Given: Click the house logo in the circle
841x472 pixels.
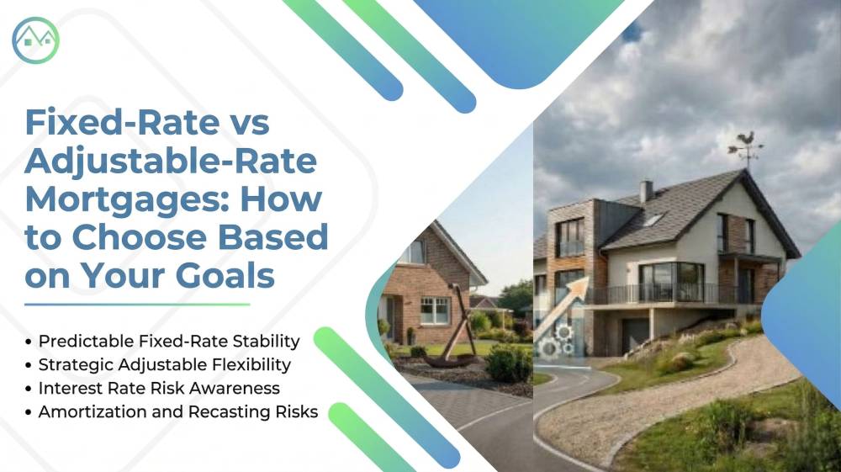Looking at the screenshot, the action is pyautogui.click(x=35, y=40).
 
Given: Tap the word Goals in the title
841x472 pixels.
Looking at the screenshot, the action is pyautogui.click(x=225, y=276).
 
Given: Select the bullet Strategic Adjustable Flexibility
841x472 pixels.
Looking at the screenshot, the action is pyautogui.click(x=158, y=365).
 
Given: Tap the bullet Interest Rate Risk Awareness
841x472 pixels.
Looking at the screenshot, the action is pyautogui.click(x=153, y=389).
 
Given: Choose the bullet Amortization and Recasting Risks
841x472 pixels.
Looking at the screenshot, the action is pyautogui.click(x=172, y=412).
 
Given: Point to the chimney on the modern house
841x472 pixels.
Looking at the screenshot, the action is pyautogui.click(x=646, y=192).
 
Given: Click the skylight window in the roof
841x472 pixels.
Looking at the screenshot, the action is pyautogui.click(x=653, y=220).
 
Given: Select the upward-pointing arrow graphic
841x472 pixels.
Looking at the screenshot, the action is pyautogui.click(x=560, y=309).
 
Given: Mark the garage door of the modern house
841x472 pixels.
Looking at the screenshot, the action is pyautogui.click(x=634, y=335).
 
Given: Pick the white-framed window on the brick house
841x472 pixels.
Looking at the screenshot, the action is pyautogui.click(x=435, y=311).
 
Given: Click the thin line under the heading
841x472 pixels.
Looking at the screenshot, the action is pyautogui.click(x=137, y=305).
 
